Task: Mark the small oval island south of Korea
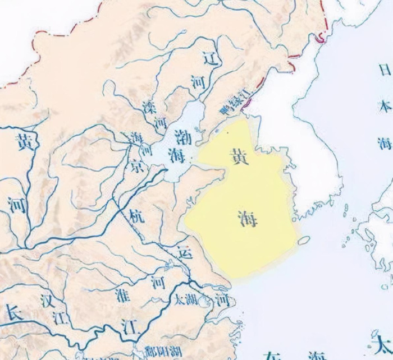pyautogui.click(x=306, y=239)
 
